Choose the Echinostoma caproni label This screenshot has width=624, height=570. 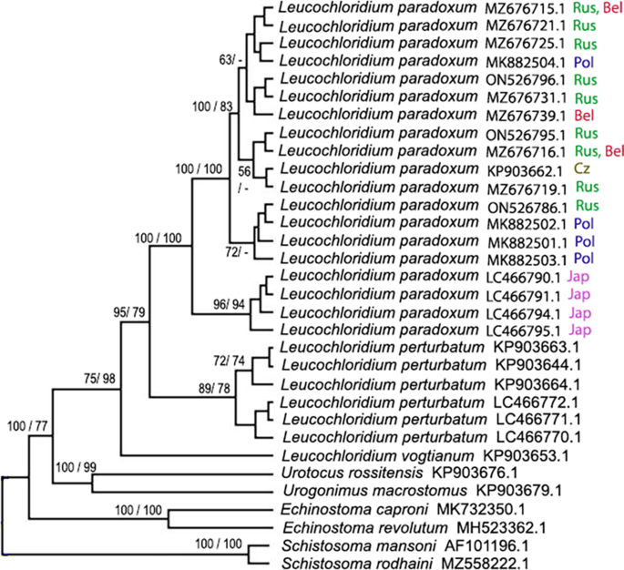(x=339, y=510)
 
